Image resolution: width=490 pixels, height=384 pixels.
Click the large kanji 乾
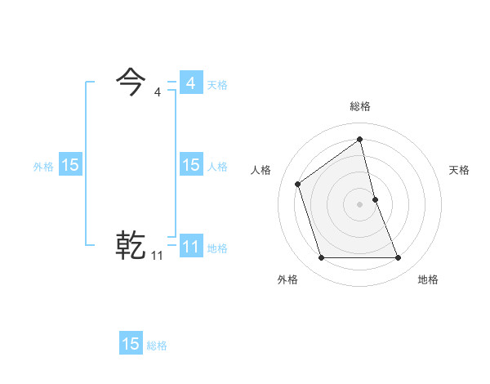[131, 245]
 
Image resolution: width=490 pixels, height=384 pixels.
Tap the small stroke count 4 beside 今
[158, 92]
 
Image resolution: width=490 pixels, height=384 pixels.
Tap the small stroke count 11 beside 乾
[157, 256]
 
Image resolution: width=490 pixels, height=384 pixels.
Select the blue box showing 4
[190, 83]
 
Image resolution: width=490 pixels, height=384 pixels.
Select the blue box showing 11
[190, 246]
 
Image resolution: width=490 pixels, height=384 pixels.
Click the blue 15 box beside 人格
[190, 165]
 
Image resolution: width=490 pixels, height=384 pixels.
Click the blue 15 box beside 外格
[70, 165]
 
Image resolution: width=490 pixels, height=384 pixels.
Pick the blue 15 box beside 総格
[131, 344]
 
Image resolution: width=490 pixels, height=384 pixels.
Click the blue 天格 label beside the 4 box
[217, 85]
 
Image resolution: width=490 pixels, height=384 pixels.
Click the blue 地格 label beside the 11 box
[217, 248]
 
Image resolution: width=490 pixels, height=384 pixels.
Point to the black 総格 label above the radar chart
[360, 106]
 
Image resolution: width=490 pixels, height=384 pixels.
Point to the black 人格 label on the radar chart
[261, 170]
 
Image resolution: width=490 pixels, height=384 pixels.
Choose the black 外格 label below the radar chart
[287, 279]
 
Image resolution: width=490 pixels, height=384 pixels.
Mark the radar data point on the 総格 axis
[360, 139]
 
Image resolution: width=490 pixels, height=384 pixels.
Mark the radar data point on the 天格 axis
[376, 199]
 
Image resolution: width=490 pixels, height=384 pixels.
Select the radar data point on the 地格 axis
[399, 258]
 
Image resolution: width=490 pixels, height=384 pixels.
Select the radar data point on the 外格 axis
[321, 258]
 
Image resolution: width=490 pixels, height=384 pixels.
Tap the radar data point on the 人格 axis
[298, 184]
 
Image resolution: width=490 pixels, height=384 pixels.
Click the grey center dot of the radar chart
[360, 203]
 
